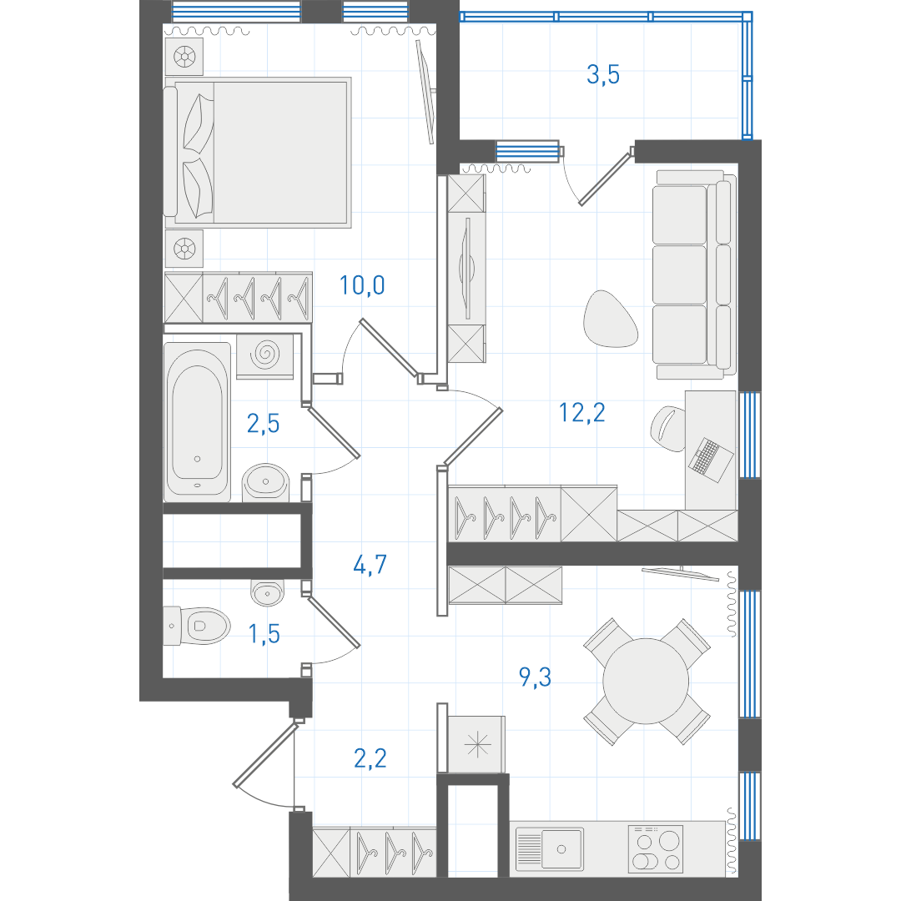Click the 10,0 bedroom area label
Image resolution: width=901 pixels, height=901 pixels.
(362, 285)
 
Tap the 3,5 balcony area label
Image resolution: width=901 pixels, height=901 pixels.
(603, 75)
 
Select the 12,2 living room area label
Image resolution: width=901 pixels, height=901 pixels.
(582, 413)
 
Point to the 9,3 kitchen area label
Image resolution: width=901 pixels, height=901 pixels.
(535, 677)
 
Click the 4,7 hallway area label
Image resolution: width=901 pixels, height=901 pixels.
(370, 565)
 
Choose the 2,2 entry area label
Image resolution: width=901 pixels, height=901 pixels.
(370, 758)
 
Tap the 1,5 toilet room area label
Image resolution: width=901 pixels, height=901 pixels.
(264, 634)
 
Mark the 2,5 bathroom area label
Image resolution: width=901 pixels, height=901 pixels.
(263, 424)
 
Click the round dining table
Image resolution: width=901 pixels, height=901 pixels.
(646, 681)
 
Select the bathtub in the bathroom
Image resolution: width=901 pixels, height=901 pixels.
(197, 421)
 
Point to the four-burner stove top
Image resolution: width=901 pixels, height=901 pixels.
(656, 848)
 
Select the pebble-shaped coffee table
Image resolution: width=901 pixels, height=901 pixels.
(610, 319)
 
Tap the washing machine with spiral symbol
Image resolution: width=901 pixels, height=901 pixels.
(265, 355)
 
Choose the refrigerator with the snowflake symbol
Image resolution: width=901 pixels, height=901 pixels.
(476, 745)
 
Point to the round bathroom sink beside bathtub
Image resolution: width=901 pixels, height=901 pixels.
(265, 483)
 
